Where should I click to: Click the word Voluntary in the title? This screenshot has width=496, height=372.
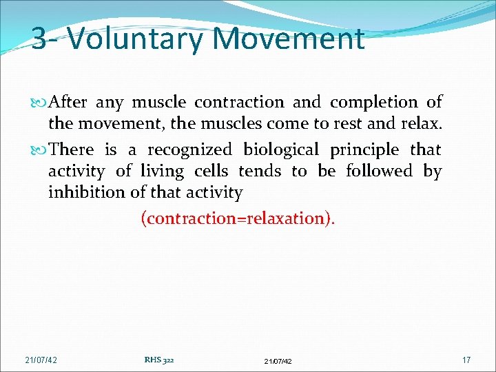[135, 39]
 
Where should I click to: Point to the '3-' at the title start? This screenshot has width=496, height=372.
[45, 39]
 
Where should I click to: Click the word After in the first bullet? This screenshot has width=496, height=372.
[68, 103]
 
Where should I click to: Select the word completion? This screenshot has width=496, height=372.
[373, 103]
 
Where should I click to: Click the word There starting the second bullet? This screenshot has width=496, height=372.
[72, 149]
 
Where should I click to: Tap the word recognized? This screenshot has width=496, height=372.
[190, 150]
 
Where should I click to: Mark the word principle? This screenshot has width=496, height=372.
[364, 150]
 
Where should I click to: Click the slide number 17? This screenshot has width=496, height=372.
[466, 360]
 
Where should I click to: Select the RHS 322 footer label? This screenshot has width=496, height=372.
[158, 360]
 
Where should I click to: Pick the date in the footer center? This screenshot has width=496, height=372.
[278, 361]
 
